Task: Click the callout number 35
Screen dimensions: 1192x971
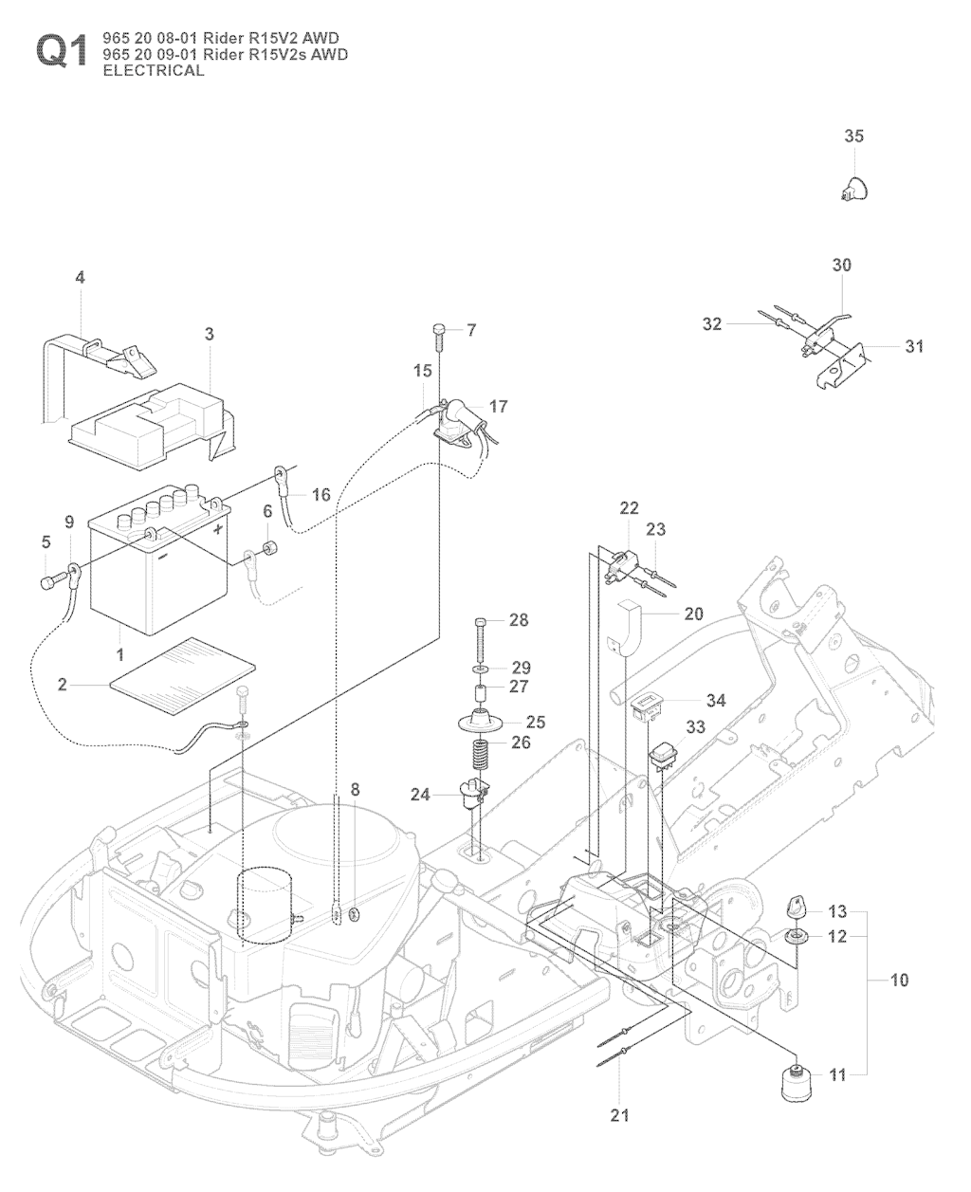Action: coord(853,137)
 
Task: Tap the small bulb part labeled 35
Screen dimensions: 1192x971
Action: coord(853,188)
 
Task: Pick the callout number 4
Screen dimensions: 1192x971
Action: coord(80,278)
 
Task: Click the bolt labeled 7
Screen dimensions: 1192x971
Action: coord(439,330)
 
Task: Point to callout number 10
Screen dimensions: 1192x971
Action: coord(898,980)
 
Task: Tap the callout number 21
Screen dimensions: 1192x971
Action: coord(619,1115)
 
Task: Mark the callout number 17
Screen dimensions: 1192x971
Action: coord(498,406)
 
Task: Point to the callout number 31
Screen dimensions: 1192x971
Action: coord(913,346)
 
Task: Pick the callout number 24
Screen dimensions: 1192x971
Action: coord(420,795)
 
